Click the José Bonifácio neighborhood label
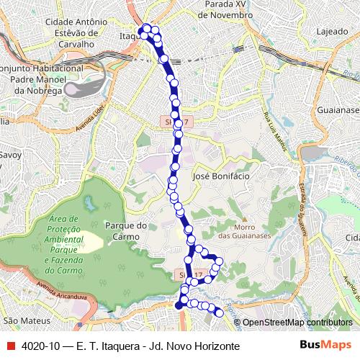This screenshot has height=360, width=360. [x=221, y=176]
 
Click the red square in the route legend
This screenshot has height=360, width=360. [x=9, y=346]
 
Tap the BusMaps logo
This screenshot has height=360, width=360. [x=325, y=345]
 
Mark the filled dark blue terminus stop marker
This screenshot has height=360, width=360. [x=179, y=305]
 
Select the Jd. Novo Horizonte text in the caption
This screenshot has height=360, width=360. [x=192, y=346]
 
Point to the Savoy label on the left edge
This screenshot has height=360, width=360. [x=9, y=154]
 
